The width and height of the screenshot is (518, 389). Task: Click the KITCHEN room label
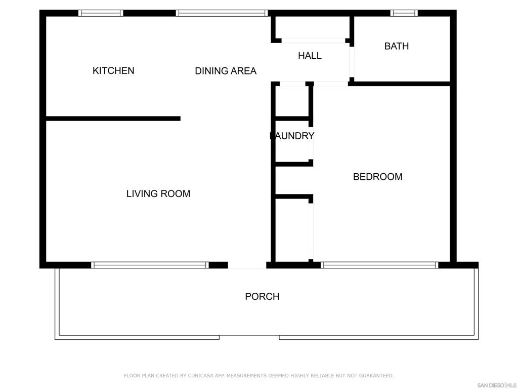point(113,70)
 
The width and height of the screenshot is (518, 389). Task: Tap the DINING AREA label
point(226,71)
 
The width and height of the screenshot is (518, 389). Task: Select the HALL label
point(310,56)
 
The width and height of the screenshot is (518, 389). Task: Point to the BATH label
point(397,46)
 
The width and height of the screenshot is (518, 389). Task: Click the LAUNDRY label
point(292,136)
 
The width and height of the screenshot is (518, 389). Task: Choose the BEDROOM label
point(377,177)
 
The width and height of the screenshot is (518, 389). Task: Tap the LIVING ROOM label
point(158,193)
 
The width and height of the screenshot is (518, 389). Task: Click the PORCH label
point(262,296)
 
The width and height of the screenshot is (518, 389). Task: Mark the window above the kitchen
point(101,13)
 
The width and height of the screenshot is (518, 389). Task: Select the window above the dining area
point(222,13)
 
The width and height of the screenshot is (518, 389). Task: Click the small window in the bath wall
point(404,13)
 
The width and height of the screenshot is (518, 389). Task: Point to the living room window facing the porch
point(150,265)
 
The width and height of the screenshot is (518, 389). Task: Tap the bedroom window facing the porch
point(379,265)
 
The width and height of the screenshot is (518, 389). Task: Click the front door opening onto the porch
point(247,265)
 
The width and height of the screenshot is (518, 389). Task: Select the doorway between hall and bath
point(352,62)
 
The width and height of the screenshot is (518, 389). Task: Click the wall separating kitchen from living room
point(113,119)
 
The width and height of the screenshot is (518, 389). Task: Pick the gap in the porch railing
point(249,337)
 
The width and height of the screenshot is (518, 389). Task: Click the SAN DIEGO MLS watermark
point(497,385)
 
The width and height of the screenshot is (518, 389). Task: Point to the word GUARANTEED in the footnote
point(376,375)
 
